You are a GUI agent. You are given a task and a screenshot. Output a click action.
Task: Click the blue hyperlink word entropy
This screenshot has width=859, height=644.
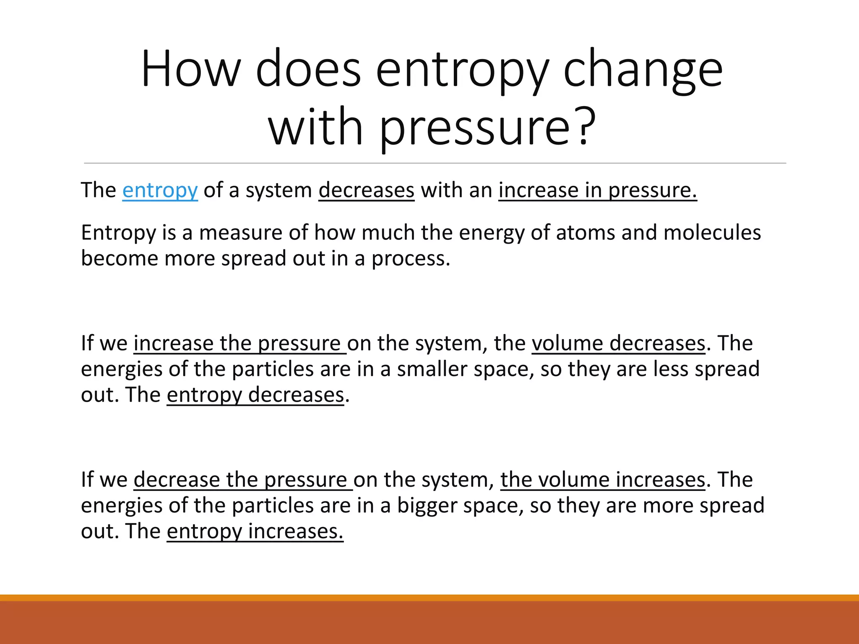(x=160, y=190)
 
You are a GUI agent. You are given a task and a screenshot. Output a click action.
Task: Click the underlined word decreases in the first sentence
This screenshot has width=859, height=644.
(x=366, y=190)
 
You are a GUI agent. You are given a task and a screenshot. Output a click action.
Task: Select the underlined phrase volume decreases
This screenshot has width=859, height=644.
(x=618, y=343)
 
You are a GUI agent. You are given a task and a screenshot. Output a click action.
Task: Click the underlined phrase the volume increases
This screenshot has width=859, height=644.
(x=602, y=480)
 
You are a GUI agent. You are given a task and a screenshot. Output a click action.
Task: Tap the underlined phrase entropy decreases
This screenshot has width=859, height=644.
(x=255, y=395)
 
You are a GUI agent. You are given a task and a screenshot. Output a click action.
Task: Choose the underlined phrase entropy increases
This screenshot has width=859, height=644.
(x=255, y=531)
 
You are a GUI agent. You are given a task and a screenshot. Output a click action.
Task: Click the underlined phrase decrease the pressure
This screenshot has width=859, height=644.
(x=243, y=480)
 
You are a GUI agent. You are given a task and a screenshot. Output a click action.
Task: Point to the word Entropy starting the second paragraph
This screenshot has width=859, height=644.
(x=118, y=233)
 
